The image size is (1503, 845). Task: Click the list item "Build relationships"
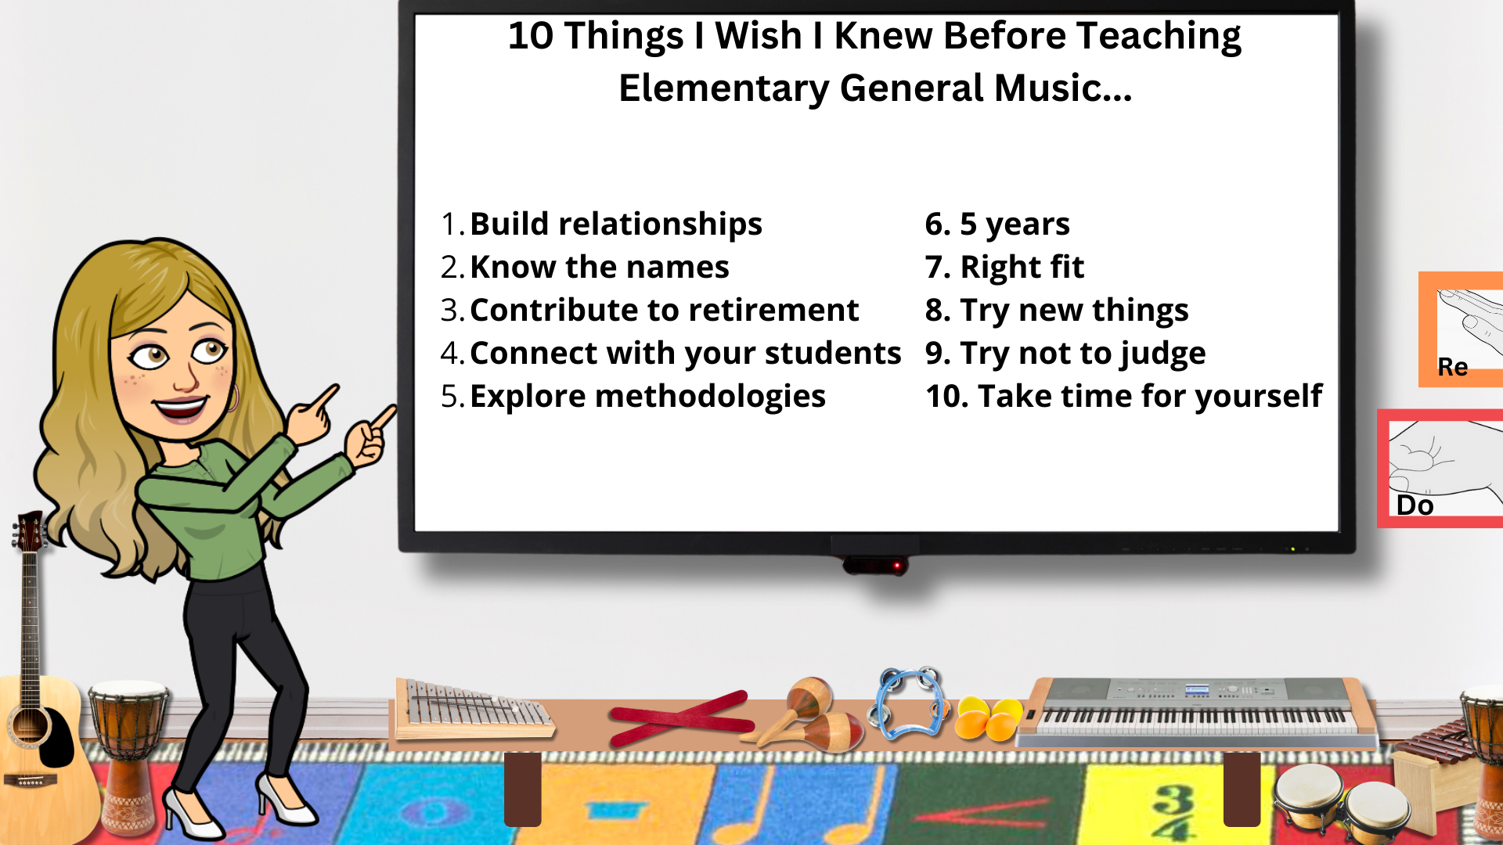click(615, 225)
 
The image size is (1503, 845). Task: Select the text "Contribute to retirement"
click(664, 311)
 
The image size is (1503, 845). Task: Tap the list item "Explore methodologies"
click(647, 397)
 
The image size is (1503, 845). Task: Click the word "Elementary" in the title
click(723, 88)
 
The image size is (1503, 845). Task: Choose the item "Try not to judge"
click(1083, 354)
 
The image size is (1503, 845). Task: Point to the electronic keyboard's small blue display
click(1197, 689)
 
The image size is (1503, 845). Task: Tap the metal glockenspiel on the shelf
click(473, 710)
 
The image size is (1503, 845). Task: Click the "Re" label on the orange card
click(1453, 367)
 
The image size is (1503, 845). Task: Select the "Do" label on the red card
click(1415, 505)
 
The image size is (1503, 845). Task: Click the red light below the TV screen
click(898, 565)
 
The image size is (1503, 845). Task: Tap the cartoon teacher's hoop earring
click(232, 398)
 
